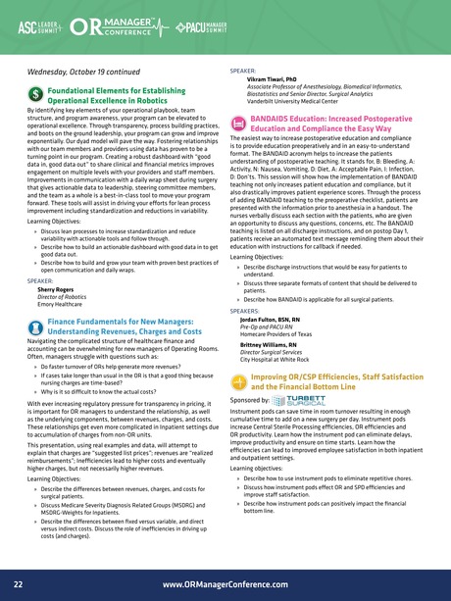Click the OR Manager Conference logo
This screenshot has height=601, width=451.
click(x=131, y=24)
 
